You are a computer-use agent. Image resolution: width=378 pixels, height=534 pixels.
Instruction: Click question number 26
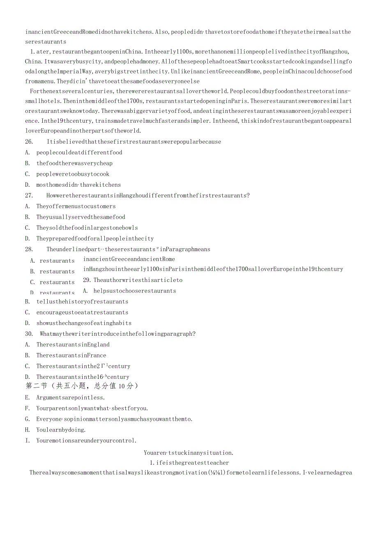[x=29, y=142]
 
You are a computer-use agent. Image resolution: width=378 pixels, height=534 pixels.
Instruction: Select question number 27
[x=29, y=195]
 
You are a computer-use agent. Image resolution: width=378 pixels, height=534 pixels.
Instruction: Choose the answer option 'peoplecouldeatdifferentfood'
[x=79, y=152]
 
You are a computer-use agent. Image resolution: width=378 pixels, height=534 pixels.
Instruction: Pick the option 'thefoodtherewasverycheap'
[x=74, y=163]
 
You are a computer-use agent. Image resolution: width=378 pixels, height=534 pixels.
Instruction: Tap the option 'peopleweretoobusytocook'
[x=73, y=174]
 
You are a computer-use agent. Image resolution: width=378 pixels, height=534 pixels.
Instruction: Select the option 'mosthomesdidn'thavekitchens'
[x=78, y=185]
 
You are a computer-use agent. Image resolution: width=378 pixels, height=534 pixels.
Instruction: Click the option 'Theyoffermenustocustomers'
[x=76, y=206]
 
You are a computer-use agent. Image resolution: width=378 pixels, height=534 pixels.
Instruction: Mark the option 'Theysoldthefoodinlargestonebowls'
[x=87, y=228]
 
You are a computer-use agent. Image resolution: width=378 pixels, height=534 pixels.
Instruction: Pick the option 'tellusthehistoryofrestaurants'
[x=82, y=301]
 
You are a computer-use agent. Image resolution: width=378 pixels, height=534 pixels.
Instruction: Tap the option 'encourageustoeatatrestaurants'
[x=82, y=312]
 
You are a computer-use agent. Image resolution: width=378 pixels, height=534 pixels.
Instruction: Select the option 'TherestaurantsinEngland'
[x=73, y=344]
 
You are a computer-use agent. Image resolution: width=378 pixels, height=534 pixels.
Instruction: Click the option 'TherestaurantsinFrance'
[x=71, y=355]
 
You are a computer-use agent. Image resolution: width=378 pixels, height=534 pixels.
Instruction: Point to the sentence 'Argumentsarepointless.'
[x=71, y=397]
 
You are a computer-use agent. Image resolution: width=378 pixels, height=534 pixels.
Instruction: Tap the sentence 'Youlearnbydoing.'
[x=61, y=430]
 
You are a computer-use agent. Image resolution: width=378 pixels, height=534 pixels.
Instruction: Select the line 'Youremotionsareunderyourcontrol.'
[x=86, y=440]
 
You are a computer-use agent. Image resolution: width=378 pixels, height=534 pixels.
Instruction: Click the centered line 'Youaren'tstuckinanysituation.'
[x=189, y=453]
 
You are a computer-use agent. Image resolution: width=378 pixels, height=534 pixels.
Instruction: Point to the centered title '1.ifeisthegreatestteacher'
[x=189, y=463]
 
